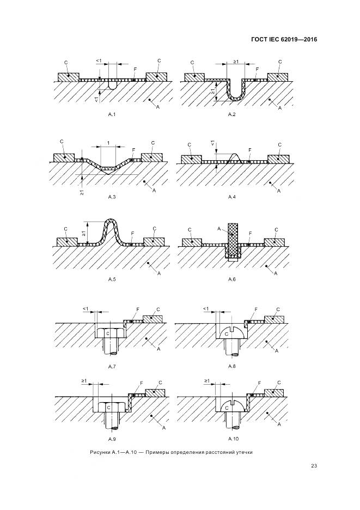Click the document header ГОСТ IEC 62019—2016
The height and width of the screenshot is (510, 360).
(x=284, y=40)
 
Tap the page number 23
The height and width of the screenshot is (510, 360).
(x=314, y=466)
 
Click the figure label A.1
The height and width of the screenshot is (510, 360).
(x=112, y=114)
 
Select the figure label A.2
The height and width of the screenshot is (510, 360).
(x=231, y=114)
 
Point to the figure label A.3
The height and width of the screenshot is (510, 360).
(x=112, y=197)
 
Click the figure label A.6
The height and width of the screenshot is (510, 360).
(x=232, y=280)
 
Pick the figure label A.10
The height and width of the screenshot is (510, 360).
(x=233, y=439)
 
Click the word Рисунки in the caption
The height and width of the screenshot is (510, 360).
(x=100, y=452)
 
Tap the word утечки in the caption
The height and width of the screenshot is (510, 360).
(x=243, y=452)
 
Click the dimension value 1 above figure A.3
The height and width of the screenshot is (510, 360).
(x=108, y=143)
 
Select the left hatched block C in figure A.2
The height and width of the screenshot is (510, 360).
(x=194, y=77)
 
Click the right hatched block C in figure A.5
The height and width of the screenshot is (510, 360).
(x=154, y=242)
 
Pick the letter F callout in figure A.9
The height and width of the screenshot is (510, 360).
(x=142, y=383)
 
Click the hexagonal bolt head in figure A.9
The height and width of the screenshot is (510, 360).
(x=109, y=407)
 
